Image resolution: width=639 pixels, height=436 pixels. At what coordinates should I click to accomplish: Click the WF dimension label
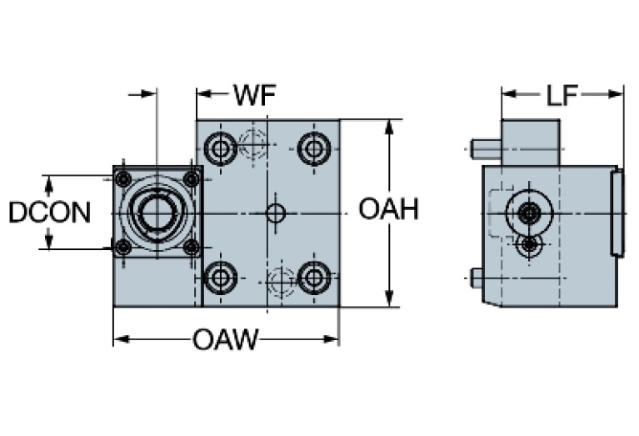pos(254,94)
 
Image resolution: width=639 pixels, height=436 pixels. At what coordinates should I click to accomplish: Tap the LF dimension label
pos(562,94)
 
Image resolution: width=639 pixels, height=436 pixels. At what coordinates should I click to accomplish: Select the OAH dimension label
pos(388,209)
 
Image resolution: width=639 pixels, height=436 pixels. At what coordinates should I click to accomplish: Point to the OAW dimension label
pos(225,339)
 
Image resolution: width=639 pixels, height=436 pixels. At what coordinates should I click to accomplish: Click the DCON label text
pos(49,213)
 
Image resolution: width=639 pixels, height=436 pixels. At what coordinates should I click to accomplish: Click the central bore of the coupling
pos(157,213)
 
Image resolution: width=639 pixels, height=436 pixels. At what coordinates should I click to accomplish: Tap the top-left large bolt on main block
pos(221,150)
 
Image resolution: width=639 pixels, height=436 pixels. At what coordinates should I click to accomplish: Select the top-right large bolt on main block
pos(314,150)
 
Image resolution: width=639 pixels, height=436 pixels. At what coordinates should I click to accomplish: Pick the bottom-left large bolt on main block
pos(221,277)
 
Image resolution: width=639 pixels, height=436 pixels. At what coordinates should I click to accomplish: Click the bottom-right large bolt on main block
pos(314,277)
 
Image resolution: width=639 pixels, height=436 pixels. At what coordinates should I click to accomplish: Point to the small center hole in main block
pos(276,213)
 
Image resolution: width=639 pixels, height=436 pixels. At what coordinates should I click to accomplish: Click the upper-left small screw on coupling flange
pos(123,178)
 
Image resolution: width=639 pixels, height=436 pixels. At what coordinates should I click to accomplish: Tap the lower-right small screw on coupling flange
pos(191,247)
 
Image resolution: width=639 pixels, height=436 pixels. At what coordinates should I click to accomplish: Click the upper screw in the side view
pos(528,213)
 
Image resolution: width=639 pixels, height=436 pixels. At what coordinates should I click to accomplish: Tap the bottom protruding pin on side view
pos(477,278)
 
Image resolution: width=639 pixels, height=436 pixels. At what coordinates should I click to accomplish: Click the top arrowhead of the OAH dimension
pos(388,126)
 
